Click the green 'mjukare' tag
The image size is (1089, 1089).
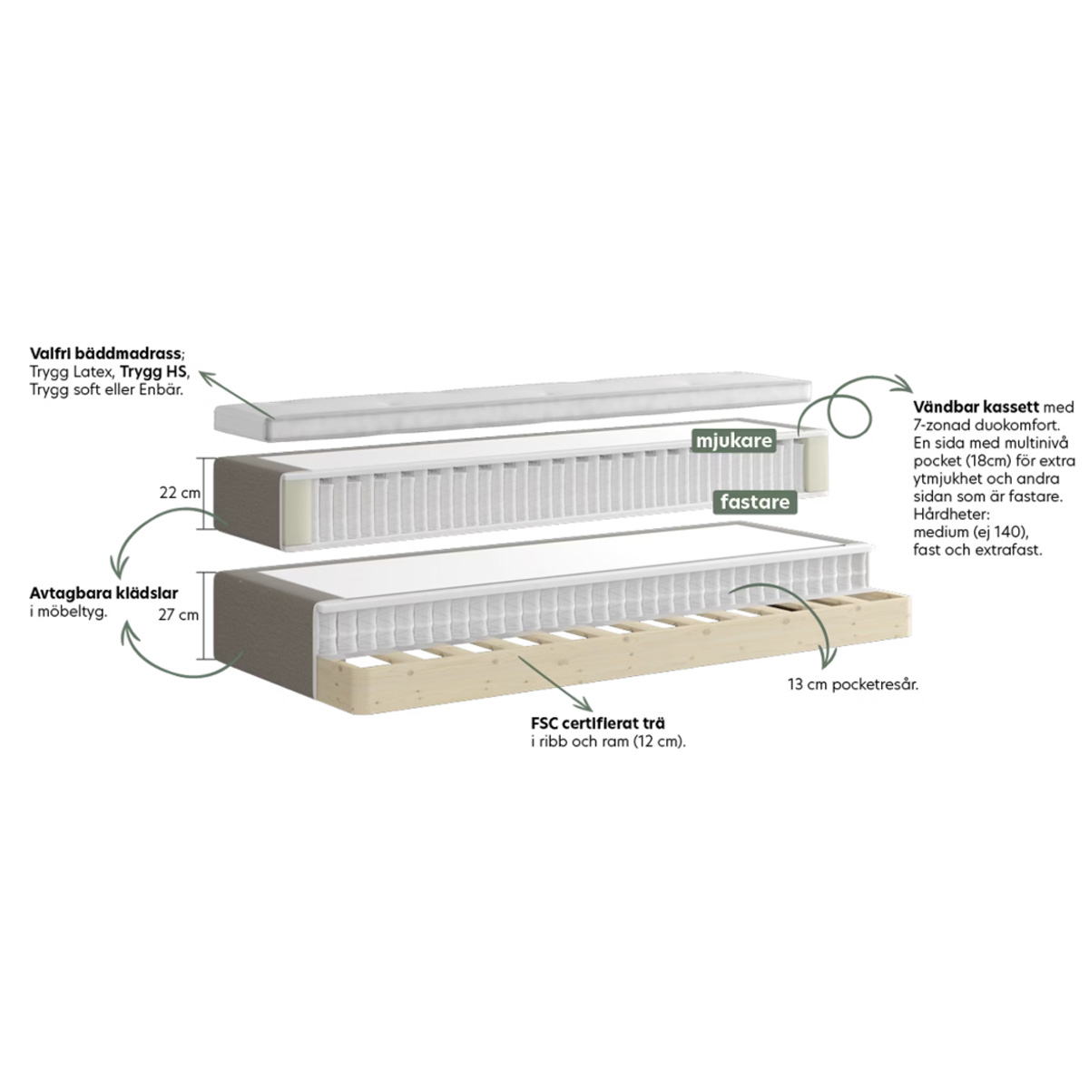pos(733,441)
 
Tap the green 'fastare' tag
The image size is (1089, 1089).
pos(754,502)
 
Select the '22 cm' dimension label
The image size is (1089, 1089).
pos(180,493)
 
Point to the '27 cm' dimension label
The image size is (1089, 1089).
pos(179,615)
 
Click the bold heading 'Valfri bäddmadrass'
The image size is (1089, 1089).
pos(105,354)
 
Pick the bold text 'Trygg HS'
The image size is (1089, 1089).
pos(153,372)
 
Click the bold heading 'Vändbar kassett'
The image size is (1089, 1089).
pos(976,407)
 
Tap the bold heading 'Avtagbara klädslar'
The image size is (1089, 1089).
pos(104,594)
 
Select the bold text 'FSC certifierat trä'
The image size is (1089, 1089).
pos(598,723)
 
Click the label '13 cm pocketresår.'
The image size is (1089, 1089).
pos(853,685)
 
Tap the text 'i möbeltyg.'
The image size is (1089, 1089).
pos(68,612)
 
